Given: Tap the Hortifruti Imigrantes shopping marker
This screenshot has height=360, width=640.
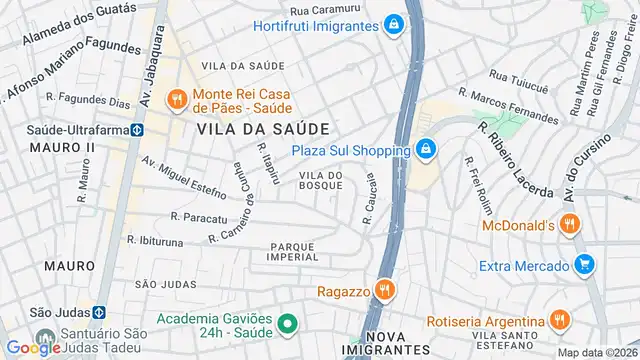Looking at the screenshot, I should [396, 24].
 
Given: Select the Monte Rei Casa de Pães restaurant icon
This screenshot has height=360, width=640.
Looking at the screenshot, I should [176, 98].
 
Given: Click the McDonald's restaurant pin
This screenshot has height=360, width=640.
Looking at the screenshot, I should [569, 225].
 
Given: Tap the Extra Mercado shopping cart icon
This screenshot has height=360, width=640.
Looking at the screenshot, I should [585, 265].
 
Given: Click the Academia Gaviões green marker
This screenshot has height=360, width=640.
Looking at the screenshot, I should [286, 323].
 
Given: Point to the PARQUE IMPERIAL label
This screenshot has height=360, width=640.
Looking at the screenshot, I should [293, 250].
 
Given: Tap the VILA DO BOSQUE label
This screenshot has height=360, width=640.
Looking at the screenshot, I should [321, 180].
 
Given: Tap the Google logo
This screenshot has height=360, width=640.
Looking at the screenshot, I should [33, 347].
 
